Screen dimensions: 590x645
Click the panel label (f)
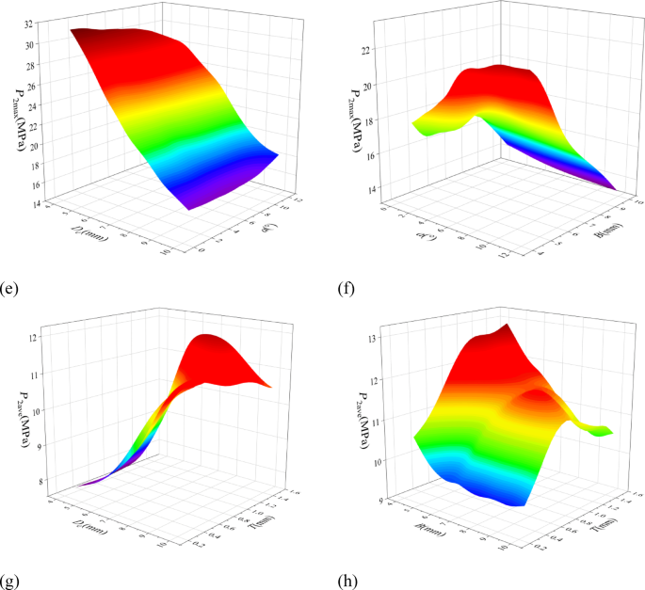pyautogui.click(x=347, y=279)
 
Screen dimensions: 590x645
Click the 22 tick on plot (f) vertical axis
pyautogui.click(x=369, y=48)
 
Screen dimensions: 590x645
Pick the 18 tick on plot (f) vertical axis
pyautogui.click(x=369, y=120)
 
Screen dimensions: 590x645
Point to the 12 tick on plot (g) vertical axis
pyautogui.click(x=34, y=337)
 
